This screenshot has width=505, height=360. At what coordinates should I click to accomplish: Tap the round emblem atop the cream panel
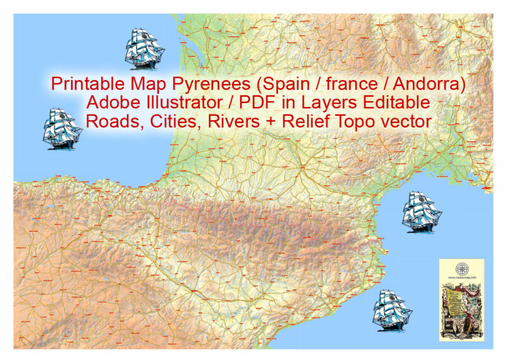(x=461, y=268)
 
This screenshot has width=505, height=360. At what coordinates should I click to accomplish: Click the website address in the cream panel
(x=461, y=278)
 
